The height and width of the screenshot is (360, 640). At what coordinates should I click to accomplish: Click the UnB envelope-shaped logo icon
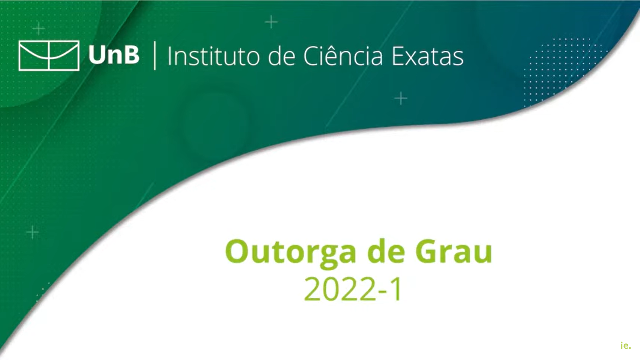coord(49,56)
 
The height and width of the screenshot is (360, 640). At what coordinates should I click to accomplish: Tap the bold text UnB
coord(114,55)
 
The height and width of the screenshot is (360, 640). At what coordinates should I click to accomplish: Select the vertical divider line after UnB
coord(155,56)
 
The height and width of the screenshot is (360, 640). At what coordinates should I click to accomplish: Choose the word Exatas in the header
coord(428,56)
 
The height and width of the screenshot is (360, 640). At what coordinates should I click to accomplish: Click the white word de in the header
coord(282,56)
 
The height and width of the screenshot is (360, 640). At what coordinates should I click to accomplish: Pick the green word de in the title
coord(386,251)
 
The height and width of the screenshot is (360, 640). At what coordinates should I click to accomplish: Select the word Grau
coord(454,251)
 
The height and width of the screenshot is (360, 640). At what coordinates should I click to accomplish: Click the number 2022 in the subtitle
coord(340,289)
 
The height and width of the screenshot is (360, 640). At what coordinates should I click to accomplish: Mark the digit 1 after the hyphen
coord(397,289)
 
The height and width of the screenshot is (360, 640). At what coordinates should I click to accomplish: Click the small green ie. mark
coord(626,345)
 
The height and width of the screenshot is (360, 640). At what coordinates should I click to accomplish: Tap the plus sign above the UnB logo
coord(39,28)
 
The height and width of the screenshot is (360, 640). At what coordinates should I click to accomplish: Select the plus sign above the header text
coord(271,22)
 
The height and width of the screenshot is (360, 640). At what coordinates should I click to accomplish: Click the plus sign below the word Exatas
coord(401,98)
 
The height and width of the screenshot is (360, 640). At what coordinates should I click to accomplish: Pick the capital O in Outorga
coord(237,251)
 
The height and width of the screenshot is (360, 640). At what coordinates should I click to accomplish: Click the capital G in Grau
coord(427,251)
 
